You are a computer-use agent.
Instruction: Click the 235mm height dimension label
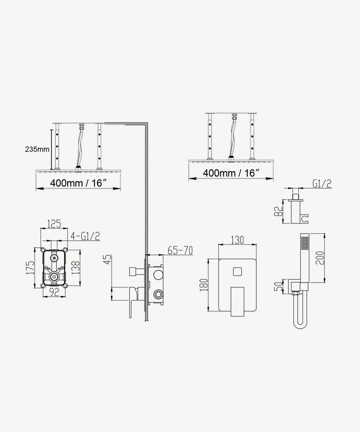[37, 149]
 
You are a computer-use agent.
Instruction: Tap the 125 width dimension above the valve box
[54, 224]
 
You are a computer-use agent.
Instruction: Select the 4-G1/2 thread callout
[85, 236]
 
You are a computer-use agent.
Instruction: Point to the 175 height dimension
[30, 267]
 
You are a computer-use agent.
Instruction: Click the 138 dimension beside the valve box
[76, 267]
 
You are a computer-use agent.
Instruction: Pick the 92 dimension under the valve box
[54, 292]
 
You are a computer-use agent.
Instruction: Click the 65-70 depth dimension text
[180, 251]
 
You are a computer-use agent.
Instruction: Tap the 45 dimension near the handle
[107, 259]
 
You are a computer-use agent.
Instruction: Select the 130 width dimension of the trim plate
[237, 240]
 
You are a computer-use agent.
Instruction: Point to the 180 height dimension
[204, 285]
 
